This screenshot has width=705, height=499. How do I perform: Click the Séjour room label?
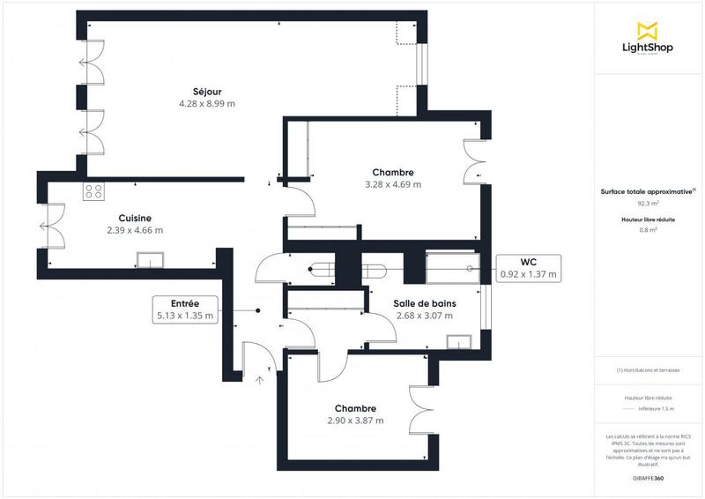207,91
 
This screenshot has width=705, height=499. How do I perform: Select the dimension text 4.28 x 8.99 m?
207,103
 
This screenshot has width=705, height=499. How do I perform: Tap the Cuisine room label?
135,218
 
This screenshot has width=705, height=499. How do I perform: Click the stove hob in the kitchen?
93,192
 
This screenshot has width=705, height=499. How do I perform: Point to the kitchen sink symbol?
150,259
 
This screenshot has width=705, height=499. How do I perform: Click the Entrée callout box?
185,309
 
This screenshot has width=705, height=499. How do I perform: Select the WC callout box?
529,268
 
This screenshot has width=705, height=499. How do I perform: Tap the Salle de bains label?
425,303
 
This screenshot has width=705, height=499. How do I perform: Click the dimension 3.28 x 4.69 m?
393,184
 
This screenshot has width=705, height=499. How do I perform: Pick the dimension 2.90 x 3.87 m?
355,421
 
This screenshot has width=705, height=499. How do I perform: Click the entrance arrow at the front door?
259,381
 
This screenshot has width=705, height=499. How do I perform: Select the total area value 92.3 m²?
648,203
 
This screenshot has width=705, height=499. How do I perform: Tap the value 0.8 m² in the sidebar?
648,229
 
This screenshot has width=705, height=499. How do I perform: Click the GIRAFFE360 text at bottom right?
648,477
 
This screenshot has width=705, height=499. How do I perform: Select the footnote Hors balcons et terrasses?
648,370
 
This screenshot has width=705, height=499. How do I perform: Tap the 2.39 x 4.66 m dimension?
135,230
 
